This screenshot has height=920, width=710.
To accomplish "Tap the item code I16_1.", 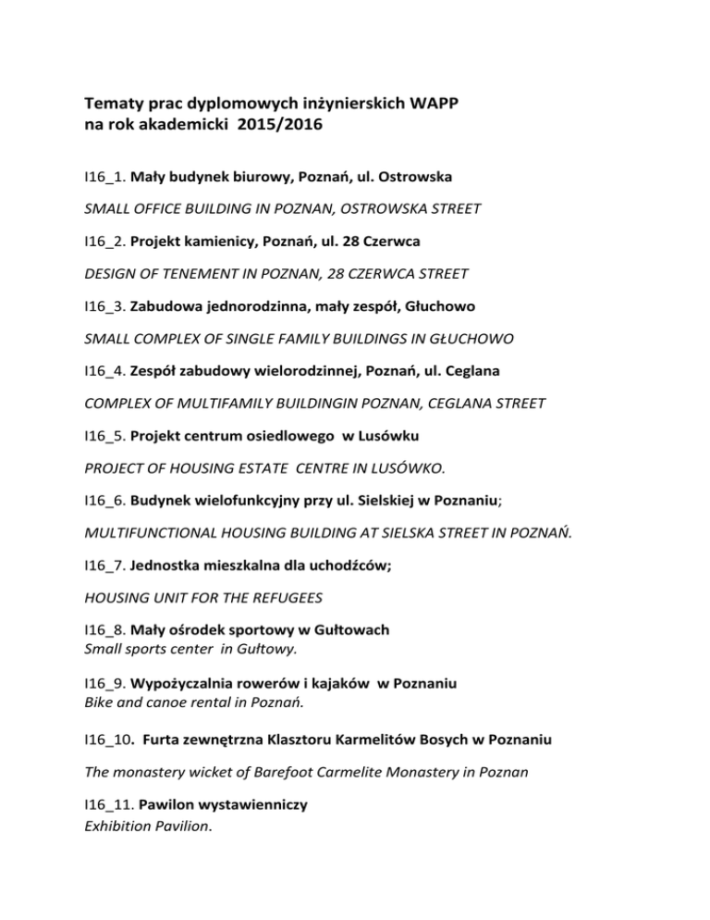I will click(x=104, y=174).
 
